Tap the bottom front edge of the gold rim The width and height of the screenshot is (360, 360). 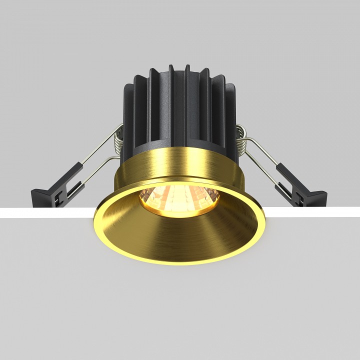(180, 264)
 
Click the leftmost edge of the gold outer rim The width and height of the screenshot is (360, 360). (95, 220)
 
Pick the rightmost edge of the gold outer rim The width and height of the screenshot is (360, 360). (265, 220)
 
